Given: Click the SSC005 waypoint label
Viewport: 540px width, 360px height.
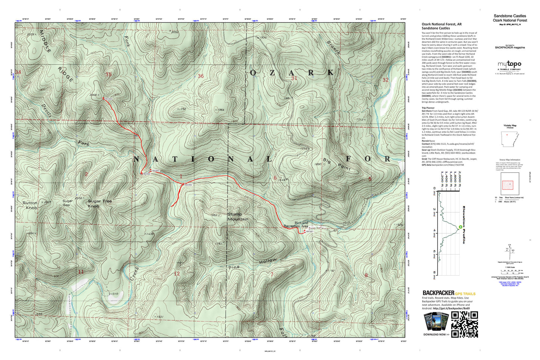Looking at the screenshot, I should tap(108, 99).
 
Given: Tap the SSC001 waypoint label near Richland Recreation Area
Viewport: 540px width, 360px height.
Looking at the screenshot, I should tap(309, 231).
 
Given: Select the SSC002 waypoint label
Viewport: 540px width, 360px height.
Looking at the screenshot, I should tap(188, 185).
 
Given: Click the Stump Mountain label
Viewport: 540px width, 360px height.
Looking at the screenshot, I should tap(238, 217).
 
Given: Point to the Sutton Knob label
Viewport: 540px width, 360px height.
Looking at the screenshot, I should tap(30, 205).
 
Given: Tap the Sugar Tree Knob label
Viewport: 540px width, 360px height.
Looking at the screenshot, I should tap(99, 203).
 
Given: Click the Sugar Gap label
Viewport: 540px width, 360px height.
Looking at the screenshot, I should tap(67, 203).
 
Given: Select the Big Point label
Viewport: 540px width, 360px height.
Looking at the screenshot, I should tap(337, 164).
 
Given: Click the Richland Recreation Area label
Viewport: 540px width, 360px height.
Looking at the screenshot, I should tap(296, 224).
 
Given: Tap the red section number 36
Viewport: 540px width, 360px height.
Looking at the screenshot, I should tap(201, 76).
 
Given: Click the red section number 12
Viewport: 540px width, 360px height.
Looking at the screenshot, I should tap(177, 274).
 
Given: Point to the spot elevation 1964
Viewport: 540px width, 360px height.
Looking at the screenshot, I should tap(220, 110).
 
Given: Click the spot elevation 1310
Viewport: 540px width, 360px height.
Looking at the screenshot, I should tap(113, 294).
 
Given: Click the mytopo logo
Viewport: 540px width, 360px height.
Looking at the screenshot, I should tap(509, 64).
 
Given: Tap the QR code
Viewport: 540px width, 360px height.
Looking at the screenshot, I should tap(465, 324).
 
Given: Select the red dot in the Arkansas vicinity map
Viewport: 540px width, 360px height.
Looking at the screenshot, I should tap(507, 135).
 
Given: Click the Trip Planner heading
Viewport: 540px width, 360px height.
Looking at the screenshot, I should tap(428, 108).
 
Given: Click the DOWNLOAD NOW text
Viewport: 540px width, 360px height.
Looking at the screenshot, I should tap(436, 335).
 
